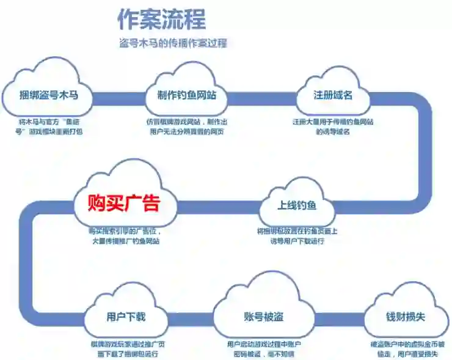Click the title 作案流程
(x=162, y=20)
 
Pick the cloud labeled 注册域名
(x=333, y=95)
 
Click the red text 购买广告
(x=124, y=203)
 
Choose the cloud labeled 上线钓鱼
(x=297, y=205)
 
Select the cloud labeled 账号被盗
(x=263, y=317)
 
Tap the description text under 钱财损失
(x=407, y=349)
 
